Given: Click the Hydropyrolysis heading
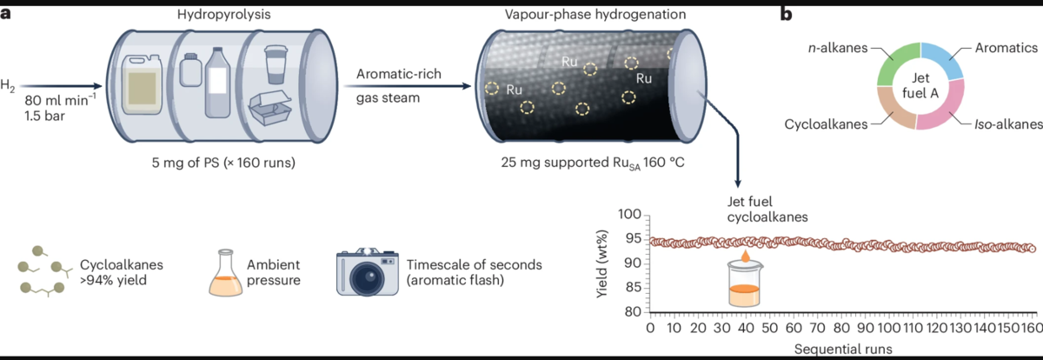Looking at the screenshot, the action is [x=223, y=15].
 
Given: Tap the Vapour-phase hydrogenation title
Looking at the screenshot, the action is [x=595, y=15].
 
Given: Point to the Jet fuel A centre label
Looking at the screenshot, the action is [x=920, y=86].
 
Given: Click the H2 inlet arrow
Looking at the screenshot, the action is [x=61, y=86].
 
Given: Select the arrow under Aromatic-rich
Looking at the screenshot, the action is [x=408, y=86].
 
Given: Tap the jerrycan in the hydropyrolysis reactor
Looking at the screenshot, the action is [x=142, y=84].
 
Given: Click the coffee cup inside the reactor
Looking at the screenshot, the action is [x=276, y=64].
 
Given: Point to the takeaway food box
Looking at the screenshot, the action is [x=269, y=108].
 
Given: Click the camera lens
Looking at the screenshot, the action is [x=367, y=279].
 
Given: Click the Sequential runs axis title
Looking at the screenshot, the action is [x=843, y=349].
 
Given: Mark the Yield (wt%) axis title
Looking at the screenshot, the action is [x=601, y=263].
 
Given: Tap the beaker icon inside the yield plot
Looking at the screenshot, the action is [x=745, y=284].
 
